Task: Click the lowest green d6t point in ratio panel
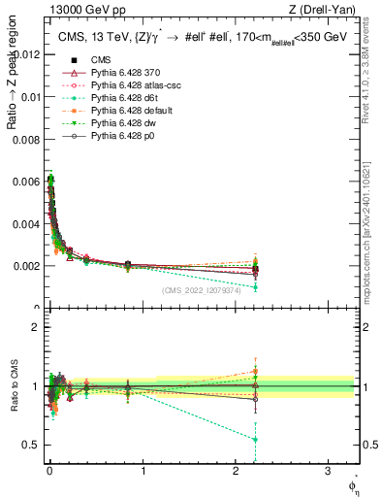[x=255, y=440]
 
